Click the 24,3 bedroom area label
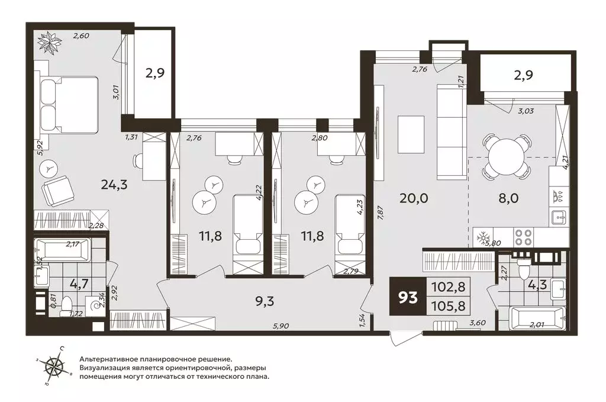click(x=114, y=185)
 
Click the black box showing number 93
click(x=408, y=297)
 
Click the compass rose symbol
click(x=54, y=366)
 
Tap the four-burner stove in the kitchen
click(x=523, y=237)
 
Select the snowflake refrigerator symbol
click(x=483, y=238)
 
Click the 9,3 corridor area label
click(x=265, y=301)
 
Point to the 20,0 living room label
click(x=414, y=198)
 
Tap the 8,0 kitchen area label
click(x=508, y=198)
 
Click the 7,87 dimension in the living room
click(x=380, y=213)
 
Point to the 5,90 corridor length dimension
click(x=281, y=326)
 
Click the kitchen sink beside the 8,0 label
click(x=557, y=218)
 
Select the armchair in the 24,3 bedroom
click(x=58, y=192)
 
